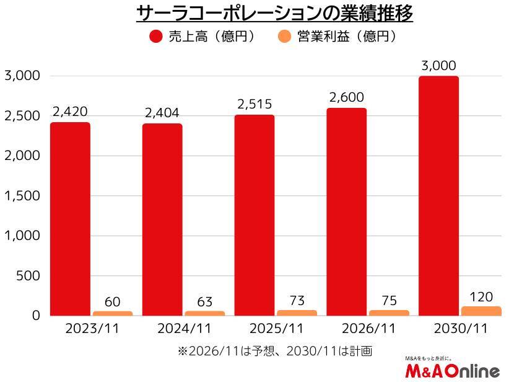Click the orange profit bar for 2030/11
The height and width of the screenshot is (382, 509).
(x=481, y=311)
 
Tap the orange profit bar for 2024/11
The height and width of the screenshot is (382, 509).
(x=204, y=313)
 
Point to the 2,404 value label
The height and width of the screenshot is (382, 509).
(x=162, y=113)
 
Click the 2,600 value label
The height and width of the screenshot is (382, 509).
(x=347, y=97)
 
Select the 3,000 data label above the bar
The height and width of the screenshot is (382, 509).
(x=438, y=66)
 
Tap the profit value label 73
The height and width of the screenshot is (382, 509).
(x=297, y=301)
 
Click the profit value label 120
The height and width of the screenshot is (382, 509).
(x=481, y=296)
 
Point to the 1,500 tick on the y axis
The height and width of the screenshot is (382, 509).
(x=22, y=196)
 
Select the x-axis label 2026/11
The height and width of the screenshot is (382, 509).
(x=368, y=329)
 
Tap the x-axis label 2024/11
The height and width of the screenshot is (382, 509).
(x=184, y=329)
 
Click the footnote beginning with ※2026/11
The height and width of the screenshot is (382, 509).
(x=274, y=351)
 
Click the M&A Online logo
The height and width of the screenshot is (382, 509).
(x=451, y=369)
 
